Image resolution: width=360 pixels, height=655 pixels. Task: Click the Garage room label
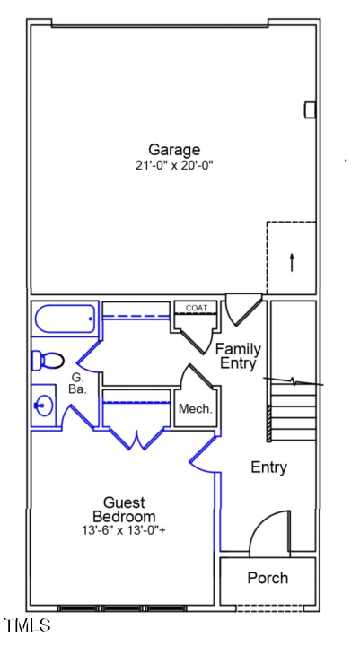pyautogui.click(x=174, y=150)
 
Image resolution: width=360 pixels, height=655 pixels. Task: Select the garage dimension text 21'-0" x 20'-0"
pyautogui.click(x=174, y=165)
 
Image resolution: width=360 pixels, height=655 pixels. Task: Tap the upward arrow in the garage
pyautogui.click(x=292, y=261)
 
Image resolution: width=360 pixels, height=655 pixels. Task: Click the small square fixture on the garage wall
pyautogui.click(x=311, y=109)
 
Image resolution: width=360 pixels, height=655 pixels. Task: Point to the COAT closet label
pyautogui.click(x=196, y=309)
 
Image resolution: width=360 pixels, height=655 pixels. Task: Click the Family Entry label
pyautogui.click(x=240, y=356)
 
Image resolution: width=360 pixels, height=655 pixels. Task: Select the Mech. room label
pyautogui.click(x=195, y=409)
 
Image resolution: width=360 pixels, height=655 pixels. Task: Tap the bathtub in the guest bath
pyautogui.click(x=65, y=319)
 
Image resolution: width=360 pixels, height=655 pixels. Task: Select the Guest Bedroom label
pyautogui.click(x=124, y=510)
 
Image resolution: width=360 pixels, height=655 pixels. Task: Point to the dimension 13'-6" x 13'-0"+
pyautogui.click(x=124, y=530)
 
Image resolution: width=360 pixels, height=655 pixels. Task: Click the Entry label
pyautogui.click(x=268, y=467)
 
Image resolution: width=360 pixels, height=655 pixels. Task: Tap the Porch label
pyautogui.click(x=268, y=578)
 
